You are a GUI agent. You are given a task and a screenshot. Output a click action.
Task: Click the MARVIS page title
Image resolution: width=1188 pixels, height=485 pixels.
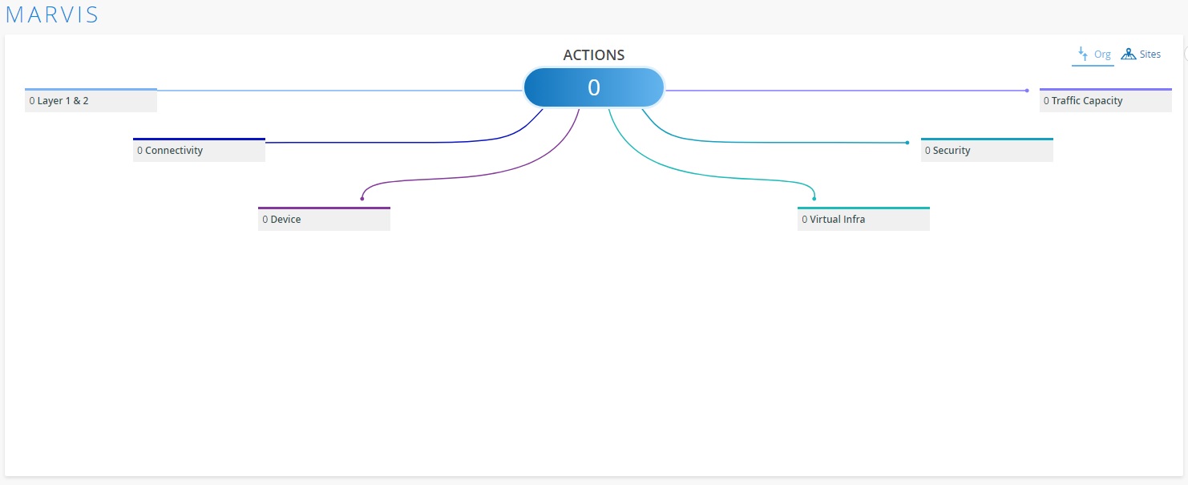51,15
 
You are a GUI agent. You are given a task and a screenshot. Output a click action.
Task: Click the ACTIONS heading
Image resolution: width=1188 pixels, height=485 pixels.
593,55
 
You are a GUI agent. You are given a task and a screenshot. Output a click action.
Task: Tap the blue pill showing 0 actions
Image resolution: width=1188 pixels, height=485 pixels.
593,87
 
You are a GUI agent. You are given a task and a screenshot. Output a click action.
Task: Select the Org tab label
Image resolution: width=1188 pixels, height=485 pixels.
1102,55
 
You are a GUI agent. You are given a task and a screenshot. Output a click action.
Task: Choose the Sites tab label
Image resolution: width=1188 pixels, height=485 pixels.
1150,55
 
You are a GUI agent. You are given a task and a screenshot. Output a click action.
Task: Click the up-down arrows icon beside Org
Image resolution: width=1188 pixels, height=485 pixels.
1083,54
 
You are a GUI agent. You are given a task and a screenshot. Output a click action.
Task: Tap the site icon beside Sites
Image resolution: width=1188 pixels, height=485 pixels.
1128,55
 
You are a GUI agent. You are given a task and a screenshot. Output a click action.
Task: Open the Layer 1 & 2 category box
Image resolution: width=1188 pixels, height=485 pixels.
91,100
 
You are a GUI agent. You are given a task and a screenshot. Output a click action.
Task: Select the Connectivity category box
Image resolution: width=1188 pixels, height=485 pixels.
199,150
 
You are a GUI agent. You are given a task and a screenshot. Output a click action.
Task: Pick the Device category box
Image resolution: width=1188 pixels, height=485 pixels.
324,219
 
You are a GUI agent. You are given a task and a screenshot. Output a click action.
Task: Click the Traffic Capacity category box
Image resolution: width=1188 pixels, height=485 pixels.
1105,100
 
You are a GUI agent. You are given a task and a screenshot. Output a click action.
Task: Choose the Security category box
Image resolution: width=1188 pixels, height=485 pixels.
987,150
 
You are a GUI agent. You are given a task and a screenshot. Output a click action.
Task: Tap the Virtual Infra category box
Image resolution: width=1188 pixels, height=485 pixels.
863,219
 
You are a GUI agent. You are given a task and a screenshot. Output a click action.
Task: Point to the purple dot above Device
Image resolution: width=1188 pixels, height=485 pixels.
362,199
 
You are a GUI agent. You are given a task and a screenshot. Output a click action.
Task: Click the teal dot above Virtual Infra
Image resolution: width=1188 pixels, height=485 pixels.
814,199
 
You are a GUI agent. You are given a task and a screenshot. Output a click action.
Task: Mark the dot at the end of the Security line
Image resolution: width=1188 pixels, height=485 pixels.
907,143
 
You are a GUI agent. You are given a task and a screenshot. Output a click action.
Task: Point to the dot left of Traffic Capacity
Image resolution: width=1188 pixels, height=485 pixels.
1027,91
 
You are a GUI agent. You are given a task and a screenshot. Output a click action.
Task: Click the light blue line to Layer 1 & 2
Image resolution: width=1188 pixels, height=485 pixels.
340,91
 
